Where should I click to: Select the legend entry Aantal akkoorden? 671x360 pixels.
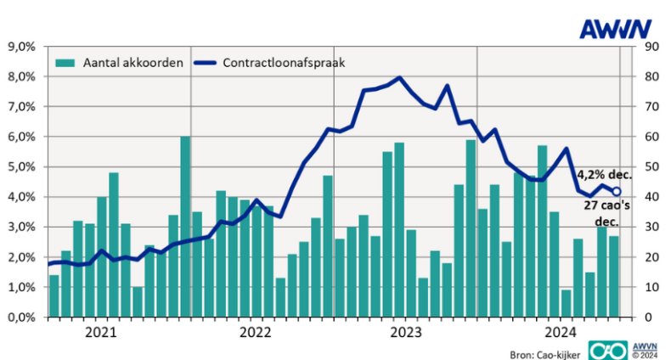click(119, 62)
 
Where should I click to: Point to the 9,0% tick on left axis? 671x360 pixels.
click(23, 47)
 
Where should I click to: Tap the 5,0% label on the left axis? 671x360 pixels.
click(23, 167)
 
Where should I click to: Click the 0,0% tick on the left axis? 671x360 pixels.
click(23, 318)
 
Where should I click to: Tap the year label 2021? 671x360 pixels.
click(102, 332)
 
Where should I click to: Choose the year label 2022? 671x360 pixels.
click(255, 332)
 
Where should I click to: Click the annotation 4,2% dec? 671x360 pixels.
click(604, 174)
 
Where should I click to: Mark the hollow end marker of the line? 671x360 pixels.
click(617, 192)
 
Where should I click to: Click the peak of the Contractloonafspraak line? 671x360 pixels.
click(399, 78)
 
